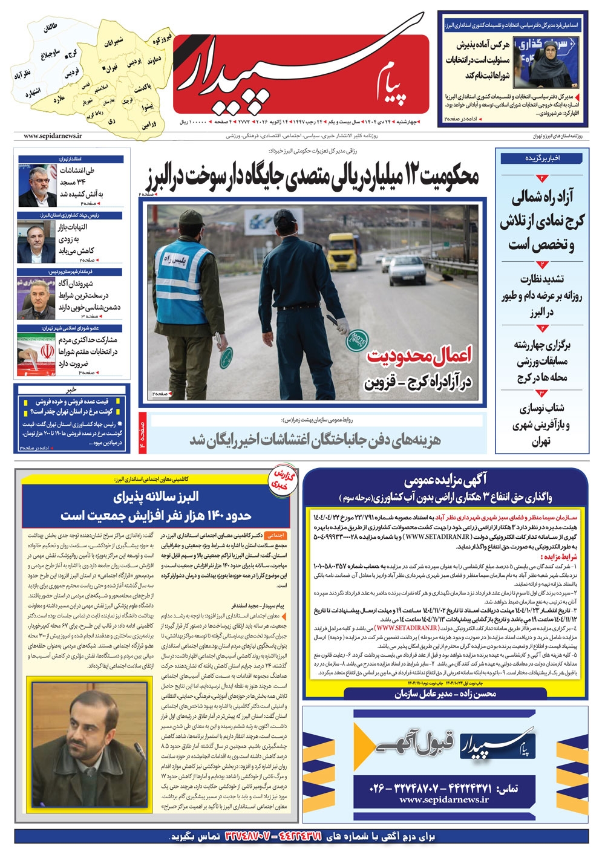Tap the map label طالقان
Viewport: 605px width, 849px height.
[51, 28]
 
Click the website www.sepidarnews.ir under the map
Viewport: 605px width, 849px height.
[53, 136]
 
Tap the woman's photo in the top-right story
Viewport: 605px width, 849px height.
[544, 60]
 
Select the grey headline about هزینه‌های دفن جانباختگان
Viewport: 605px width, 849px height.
[315, 440]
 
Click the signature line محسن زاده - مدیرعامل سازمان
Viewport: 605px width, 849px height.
[445, 694]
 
